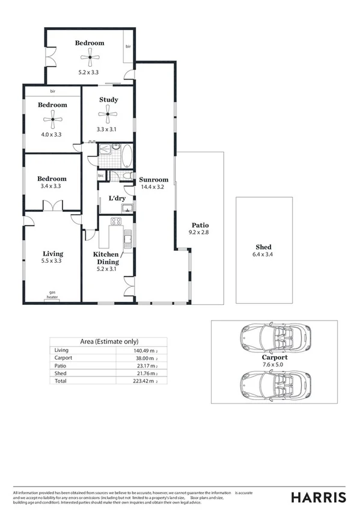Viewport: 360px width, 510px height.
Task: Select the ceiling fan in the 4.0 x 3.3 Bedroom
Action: [53, 119]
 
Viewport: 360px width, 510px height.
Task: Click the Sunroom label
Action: [153, 179]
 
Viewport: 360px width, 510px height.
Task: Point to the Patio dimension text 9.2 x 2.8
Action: [200, 232]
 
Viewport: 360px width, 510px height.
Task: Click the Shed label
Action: [263, 247]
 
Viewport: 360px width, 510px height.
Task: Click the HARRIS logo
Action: [318, 497]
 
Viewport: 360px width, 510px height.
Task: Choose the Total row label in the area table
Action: [61, 381]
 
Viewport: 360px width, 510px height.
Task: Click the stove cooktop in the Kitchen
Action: [115, 221]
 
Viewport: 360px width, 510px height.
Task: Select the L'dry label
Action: [117, 198]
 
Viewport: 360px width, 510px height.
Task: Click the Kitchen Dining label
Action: [105, 258]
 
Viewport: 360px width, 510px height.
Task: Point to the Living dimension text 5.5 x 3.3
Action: [52, 261]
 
